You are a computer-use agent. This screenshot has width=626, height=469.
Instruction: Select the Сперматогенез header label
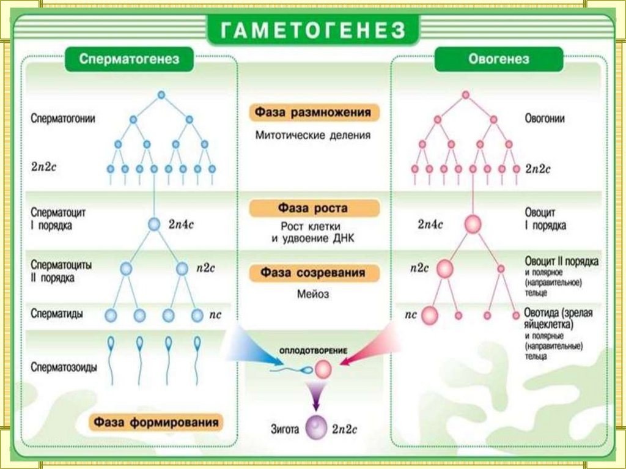(129, 60)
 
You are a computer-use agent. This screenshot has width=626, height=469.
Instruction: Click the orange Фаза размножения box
(314, 113)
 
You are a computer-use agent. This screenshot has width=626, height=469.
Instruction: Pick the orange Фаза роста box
(314, 208)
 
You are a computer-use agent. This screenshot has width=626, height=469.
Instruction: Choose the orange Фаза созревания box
(314, 273)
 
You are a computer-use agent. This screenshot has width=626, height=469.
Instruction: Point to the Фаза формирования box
(156, 423)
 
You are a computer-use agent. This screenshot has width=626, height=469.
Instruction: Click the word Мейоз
(314, 294)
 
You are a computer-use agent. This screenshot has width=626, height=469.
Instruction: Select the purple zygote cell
(317, 427)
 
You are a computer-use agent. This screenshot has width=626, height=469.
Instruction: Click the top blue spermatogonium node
(161, 95)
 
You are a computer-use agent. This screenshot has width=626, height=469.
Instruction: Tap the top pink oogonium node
(465, 95)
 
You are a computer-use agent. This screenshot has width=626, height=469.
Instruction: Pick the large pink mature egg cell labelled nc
(430, 316)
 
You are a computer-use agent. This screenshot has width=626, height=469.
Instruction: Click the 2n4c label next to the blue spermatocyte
(181, 224)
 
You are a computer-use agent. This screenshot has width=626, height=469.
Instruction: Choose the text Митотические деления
(313, 135)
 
